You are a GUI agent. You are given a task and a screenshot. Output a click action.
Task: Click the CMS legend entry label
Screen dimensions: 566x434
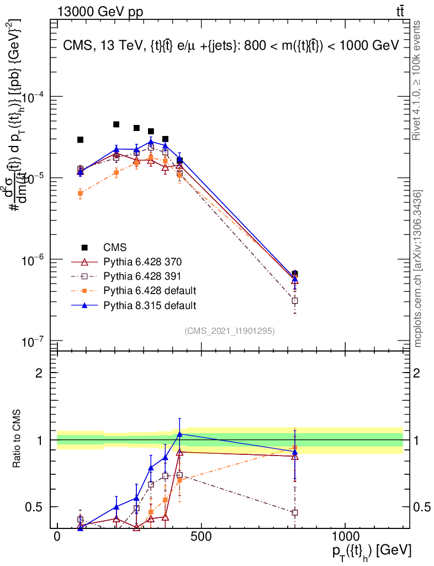coord(115,247)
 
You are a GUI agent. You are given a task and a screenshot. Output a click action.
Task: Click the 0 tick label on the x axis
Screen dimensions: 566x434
coord(57,537)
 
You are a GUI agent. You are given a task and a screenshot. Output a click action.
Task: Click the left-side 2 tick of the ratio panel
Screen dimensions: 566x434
coord(39,373)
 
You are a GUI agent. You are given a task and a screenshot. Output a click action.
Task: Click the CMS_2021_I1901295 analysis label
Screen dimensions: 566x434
coord(230,331)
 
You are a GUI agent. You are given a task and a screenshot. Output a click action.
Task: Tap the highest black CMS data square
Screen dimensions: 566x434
coord(117,124)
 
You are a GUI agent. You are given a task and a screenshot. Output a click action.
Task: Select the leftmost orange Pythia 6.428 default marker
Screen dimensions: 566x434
coord(80,193)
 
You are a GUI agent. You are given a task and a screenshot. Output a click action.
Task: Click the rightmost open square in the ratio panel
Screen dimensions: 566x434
coord(295,512)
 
